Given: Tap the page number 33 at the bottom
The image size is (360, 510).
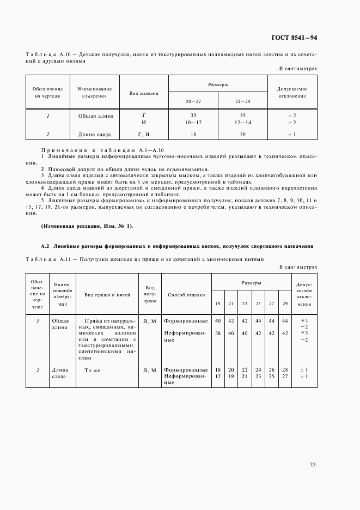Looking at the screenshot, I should [x=313, y=464].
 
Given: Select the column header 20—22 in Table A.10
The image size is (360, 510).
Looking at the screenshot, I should [x=193, y=101].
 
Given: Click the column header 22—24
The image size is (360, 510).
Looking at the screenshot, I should [x=243, y=101].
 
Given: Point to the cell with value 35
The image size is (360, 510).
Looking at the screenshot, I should [x=243, y=116].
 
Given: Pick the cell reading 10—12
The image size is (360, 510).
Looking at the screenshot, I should [x=193, y=123].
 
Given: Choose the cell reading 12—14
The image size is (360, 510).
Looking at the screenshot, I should [x=243, y=123].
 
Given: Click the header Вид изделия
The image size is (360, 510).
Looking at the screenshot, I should [x=143, y=93].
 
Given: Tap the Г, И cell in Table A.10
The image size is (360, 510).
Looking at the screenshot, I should [x=143, y=134].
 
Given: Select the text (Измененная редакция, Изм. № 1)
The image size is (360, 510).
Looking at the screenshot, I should [x=87, y=226].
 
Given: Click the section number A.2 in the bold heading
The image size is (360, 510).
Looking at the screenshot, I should [x=45, y=246].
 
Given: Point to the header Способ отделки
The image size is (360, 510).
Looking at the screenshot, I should [x=186, y=295].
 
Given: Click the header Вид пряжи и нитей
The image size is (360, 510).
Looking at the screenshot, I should [x=107, y=295].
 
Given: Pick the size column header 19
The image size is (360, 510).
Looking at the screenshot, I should [x=218, y=303].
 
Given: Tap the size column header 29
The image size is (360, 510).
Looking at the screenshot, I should [x=284, y=303].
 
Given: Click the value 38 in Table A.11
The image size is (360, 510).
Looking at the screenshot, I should [x=218, y=332].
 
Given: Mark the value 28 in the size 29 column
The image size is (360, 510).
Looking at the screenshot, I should [x=284, y=369].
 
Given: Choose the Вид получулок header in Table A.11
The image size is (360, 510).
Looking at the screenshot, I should [x=150, y=294].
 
